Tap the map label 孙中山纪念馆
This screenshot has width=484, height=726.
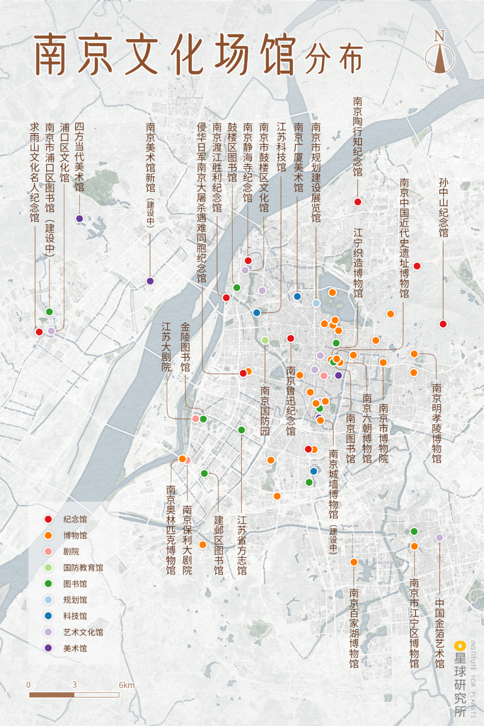(443, 207)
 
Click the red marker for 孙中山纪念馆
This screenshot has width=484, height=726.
(443, 324)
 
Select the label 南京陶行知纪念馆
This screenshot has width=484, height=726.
(357, 137)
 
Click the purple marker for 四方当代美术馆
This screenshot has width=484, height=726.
(79, 219)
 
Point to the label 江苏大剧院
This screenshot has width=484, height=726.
(166, 346)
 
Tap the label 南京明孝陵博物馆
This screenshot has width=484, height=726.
(436, 423)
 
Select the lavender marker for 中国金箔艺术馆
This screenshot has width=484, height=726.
(439, 538)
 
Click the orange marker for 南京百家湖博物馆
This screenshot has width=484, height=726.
(354, 562)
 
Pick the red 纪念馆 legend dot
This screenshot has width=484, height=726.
(48, 519)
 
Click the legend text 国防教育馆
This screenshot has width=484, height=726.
(83, 568)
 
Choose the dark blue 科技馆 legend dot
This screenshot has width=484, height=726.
(48, 616)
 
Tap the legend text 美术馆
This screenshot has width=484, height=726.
(75, 648)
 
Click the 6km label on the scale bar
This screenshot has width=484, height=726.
(126, 685)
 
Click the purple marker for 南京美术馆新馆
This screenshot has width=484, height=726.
(150, 281)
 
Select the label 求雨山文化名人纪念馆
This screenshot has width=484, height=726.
(35, 173)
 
